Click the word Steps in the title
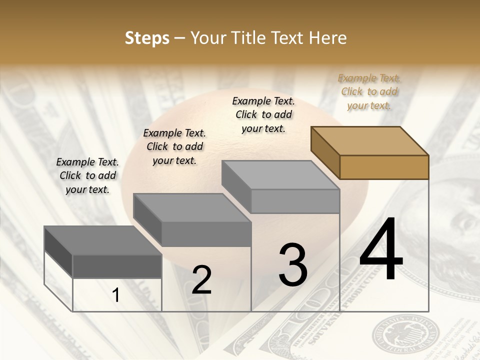pyautogui.click(x=147, y=38)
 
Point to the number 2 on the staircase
pyautogui.click(x=201, y=280)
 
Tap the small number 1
pyautogui.click(x=116, y=295)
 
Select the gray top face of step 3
pyautogui.click(x=280, y=175)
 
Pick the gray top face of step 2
pyautogui.click(x=192, y=208)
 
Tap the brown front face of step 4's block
pyautogui.click(x=384, y=167)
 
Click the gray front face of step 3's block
pyautogui.click(x=295, y=201)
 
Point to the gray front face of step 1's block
pyautogui.click(x=117, y=266)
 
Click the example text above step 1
pyautogui.click(x=87, y=175)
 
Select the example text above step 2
pyautogui.click(x=174, y=146)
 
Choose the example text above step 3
pyautogui.click(x=263, y=114)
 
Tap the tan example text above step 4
pyautogui.click(x=369, y=91)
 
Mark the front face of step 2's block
pyautogui.click(x=206, y=234)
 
